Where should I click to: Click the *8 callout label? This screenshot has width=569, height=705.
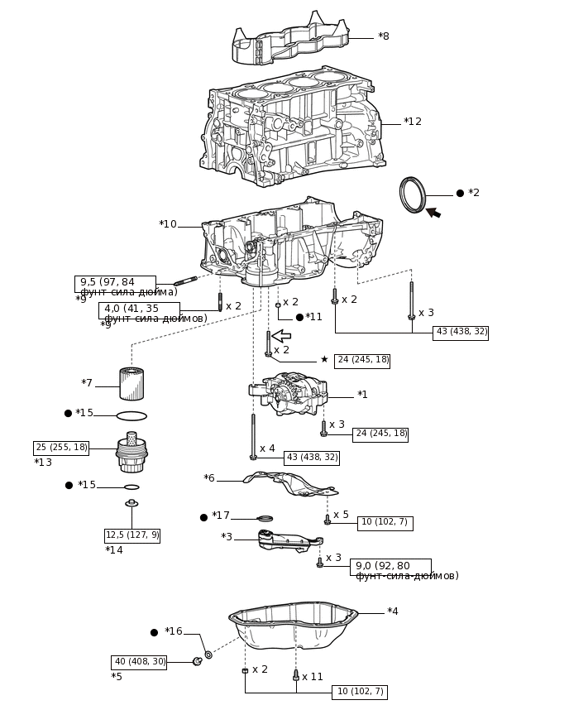[x=383, y=36]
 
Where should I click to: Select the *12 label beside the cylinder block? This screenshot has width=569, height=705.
[x=412, y=122]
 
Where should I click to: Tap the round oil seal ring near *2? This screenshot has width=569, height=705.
[x=412, y=194]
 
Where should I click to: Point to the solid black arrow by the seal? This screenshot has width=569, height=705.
[x=433, y=213]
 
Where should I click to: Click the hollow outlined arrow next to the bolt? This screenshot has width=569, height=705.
[x=281, y=336]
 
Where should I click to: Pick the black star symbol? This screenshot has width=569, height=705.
[x=324, y=360]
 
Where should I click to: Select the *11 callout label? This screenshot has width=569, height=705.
[x=313, y=317]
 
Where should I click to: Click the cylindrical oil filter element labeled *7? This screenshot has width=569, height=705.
[x=131, y=384]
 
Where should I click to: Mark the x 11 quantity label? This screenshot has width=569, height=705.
[x=312, y=677]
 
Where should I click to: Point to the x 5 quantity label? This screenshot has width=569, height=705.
[x=341, y=515]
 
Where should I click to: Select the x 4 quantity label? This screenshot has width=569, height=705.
[x=267, y=448]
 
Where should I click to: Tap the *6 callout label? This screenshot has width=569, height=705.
[x=209, y=478]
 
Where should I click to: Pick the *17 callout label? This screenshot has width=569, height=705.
[x=220, y=516]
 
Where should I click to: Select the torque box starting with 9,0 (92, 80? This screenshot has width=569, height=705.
[x=390, y=567]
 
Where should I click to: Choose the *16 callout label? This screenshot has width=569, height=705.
[x=173, y=631]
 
